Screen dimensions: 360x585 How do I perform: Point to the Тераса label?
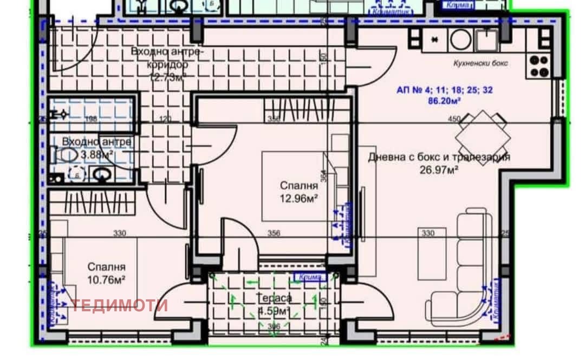pos(275,298)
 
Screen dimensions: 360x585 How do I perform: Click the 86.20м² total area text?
pos(445,101)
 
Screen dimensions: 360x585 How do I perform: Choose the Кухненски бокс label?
pos(481,63)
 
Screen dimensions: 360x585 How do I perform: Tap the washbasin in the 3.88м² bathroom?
pos(101,174)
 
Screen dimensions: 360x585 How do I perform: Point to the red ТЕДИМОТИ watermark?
pos(120,305)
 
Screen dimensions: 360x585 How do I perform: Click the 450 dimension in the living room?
pos(454,119)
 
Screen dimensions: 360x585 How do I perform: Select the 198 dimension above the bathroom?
pos(90,119)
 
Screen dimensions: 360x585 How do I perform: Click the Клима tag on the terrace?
pos(309,277)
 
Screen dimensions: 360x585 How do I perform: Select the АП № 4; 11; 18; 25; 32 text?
pos(445,91)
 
